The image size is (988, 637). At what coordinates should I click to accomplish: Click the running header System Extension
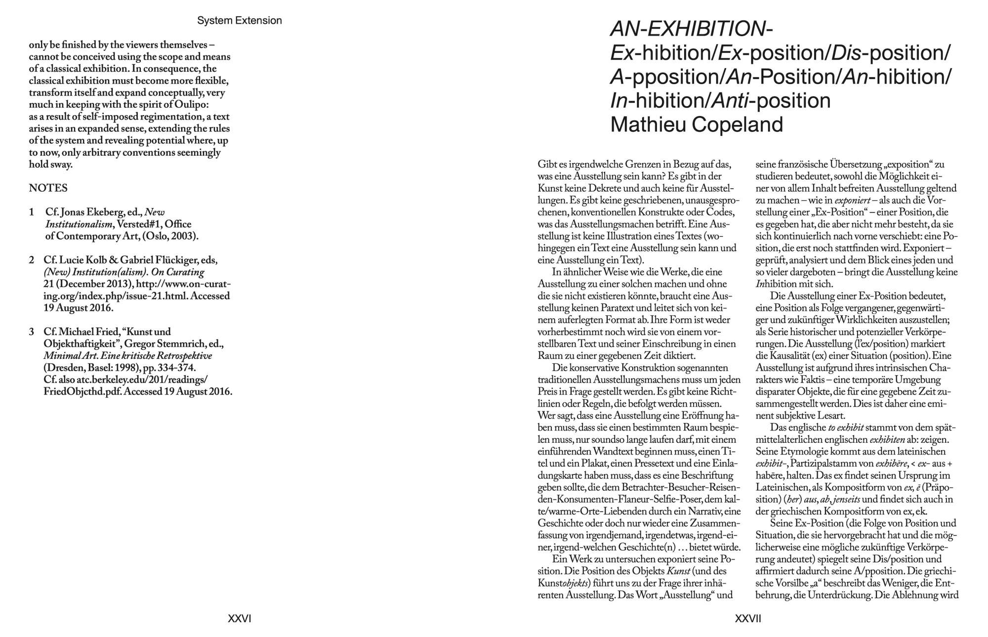[239, 21]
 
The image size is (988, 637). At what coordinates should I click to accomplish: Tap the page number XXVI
[239, 618]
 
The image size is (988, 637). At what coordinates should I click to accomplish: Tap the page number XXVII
[748, 618]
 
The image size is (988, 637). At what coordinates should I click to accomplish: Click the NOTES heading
[48, 188]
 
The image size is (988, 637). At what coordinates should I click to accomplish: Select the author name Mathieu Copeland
[697, 125]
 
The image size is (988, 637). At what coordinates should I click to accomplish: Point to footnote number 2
[32, 260]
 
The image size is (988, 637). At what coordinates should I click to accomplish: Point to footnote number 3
[32, 332]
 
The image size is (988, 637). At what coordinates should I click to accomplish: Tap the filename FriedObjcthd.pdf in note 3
[83, 392]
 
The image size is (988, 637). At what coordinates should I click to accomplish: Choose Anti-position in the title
[771, 101]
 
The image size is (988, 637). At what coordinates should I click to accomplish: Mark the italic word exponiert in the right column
[852, 201]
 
